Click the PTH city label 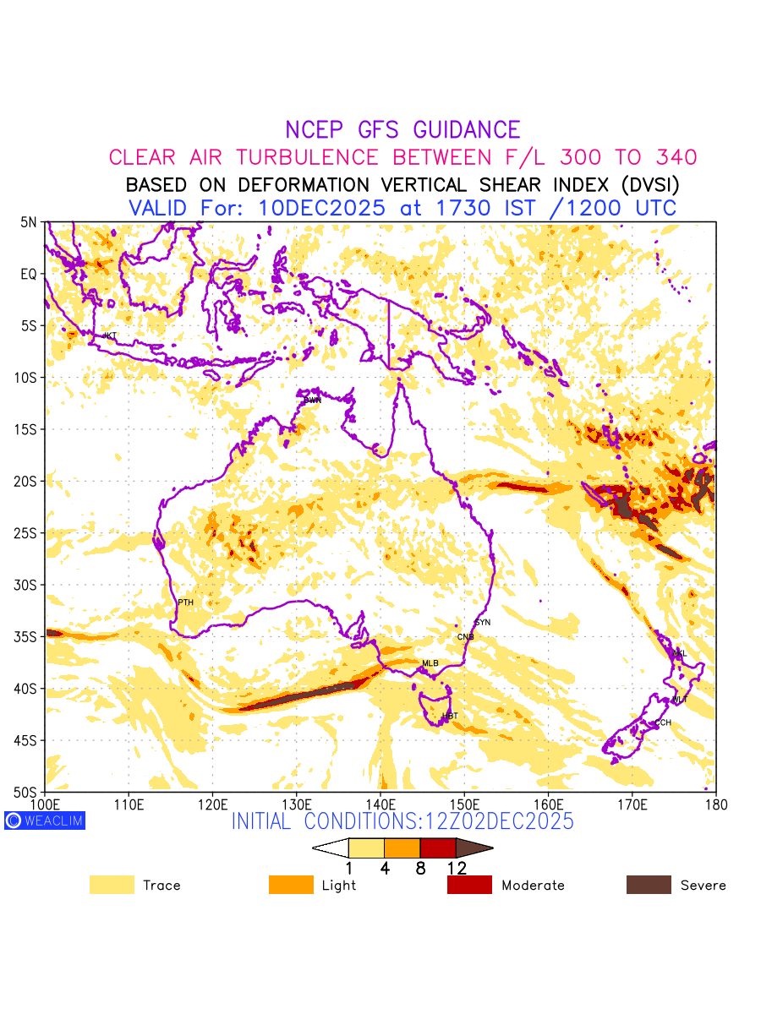185,602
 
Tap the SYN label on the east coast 483,623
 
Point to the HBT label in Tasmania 450,717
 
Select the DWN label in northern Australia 313,400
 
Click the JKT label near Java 109,336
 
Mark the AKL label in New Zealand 679,653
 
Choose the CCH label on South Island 663,722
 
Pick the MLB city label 430,663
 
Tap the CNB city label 465,637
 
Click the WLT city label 680,700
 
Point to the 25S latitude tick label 28,533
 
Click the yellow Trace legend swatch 112,885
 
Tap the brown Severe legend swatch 649,885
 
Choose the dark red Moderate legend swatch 469,885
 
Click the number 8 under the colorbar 420,868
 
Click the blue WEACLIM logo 45,820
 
